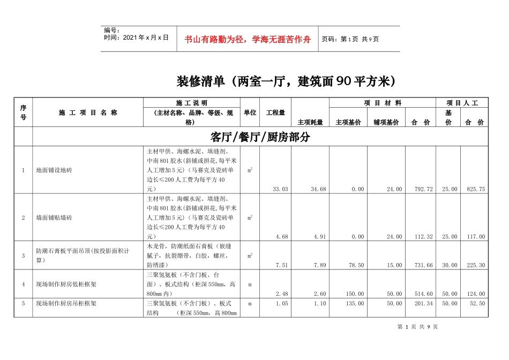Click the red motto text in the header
[248, 39]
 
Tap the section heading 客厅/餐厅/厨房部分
[260, 137]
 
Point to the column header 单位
[250, 112]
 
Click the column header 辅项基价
[386, 122]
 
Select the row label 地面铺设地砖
[54, 170]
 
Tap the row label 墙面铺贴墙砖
[54, 218]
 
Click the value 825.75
[475, 189]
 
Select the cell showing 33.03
[280, 189]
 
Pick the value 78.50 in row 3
[356, 265]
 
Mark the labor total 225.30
[475, 265]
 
